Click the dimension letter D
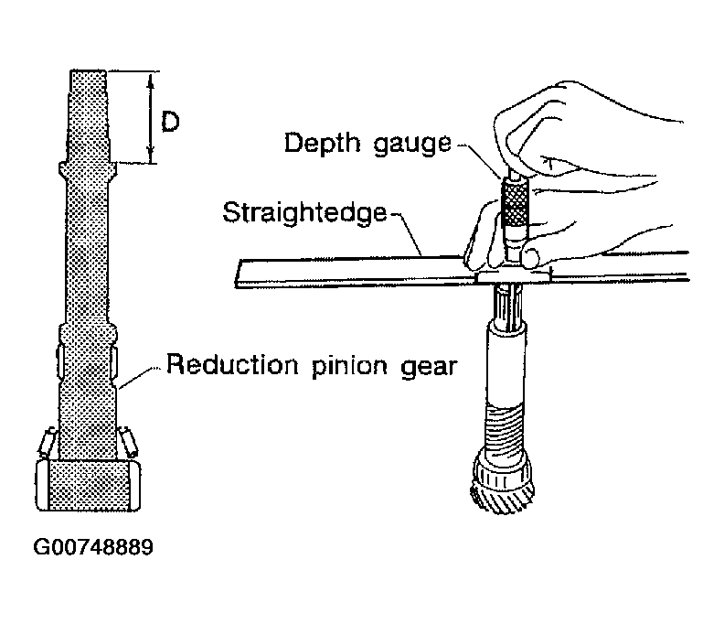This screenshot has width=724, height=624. pos(170,122)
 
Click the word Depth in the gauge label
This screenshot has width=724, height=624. pos(322,143)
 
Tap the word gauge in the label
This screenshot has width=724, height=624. pos(412,145)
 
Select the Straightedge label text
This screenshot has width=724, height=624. pos(304,212)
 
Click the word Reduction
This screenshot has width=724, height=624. pos(232,364)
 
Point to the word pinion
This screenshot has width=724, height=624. pos(349,367)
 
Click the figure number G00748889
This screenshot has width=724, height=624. pos(93,547)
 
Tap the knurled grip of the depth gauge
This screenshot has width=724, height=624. pos(515,202)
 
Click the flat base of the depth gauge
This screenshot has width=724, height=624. pos(514,277)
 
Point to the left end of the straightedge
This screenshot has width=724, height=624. pos(237,274)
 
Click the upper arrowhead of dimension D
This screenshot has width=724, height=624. pos(150,81)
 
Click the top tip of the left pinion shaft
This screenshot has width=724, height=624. pos(88,70)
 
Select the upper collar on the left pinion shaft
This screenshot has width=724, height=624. pos(88,170)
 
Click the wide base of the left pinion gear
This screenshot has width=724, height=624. pos(88,485)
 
